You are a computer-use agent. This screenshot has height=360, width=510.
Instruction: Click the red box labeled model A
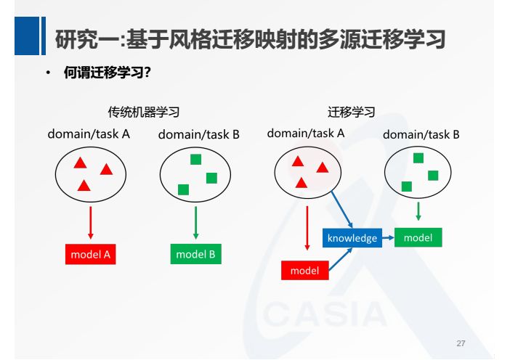[90, 254]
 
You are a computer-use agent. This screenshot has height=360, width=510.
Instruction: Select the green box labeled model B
[195, 254]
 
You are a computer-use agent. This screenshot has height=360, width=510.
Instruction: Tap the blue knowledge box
[352, 238]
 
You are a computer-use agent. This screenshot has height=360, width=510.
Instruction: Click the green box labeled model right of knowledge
[418, 237]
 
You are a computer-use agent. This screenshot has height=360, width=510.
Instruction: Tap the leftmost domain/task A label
[89, 134]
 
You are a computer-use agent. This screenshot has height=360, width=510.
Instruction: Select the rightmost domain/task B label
[421, 134]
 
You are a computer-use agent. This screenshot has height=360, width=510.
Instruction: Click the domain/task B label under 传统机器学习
[198, 134]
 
